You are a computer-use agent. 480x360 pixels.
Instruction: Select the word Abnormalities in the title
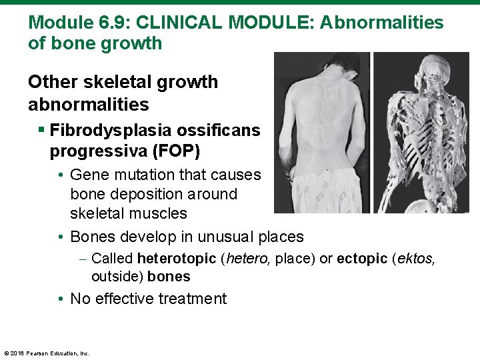pyautogui.click(x=382, y=23)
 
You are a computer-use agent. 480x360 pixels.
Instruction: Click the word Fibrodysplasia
pyautogui.click(x=106, y=130)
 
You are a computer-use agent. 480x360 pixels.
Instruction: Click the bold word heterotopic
pyautogui.click(x=176, y=258)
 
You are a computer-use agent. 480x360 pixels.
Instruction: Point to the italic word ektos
pyautogui.click(x=417, y=258)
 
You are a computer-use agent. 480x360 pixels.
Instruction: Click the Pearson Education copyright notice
pyautogui.click(x=47, y=353)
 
